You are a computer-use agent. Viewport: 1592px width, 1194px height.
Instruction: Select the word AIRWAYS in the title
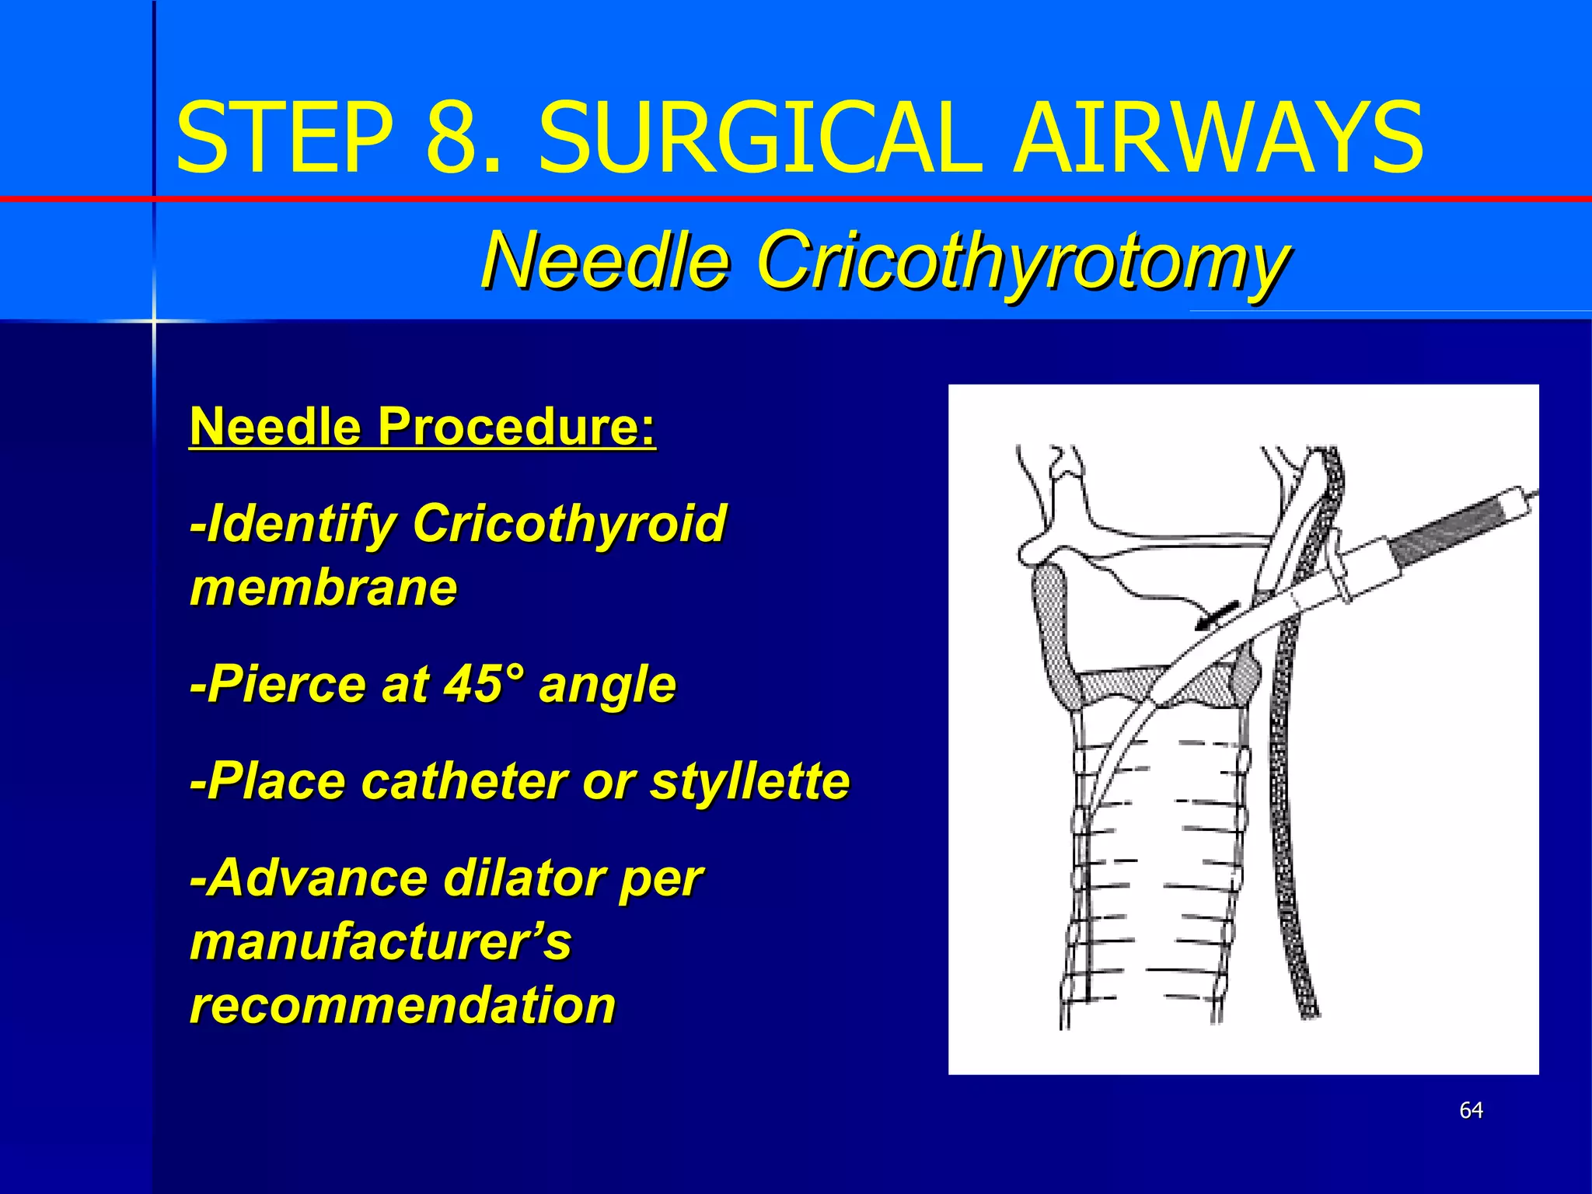click(x=1218, y=138)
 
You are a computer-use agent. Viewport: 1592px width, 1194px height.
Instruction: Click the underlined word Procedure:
click(x=516, y=427)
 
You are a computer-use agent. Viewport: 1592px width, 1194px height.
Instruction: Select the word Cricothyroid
click(x=570, y=522)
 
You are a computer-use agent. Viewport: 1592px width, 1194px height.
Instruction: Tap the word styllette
click(x=750, y=780)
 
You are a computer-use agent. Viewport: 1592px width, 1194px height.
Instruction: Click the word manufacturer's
click(x=380, y=942)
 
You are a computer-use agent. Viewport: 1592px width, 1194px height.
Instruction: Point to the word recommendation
click(x=403, y=1005)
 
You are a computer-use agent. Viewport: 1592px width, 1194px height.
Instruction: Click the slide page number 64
click(x=1471, y=1110)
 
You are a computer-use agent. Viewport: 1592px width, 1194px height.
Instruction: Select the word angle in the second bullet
click(x=608, y=684)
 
